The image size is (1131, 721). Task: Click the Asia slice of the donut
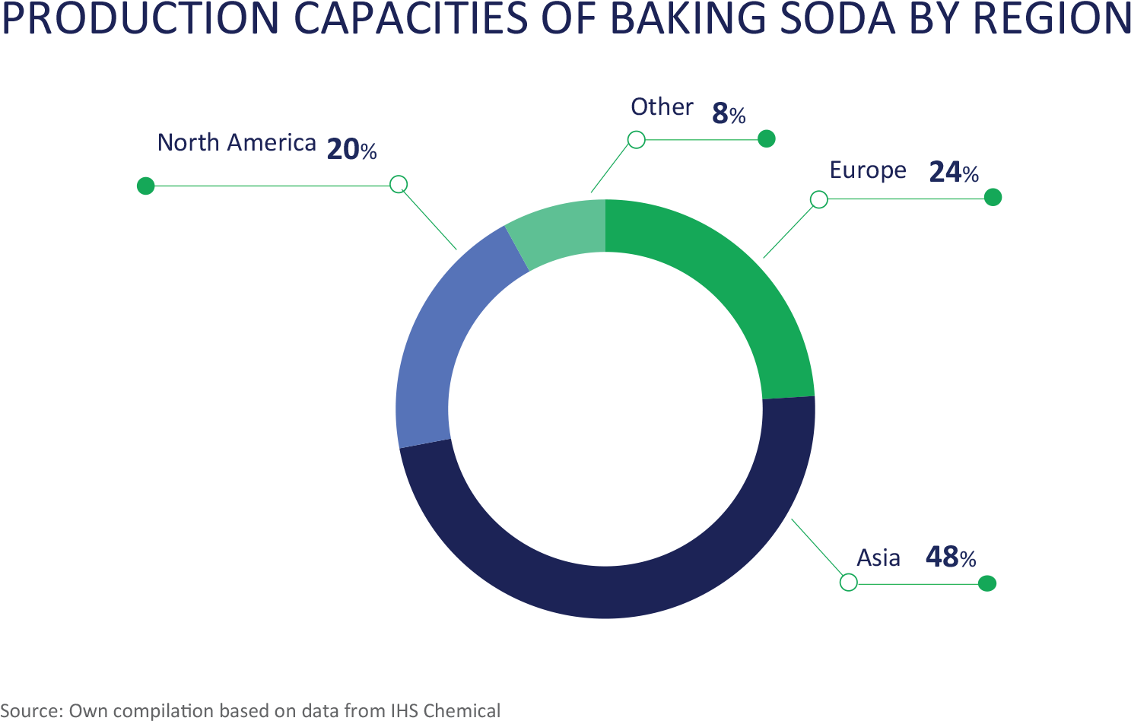[x=608, y=591]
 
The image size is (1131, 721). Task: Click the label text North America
[x=237, y=143]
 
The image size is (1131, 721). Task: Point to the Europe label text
[x=868, y=170]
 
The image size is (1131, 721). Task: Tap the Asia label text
[x=878, y=558]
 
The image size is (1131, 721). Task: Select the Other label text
[x=662, y=107]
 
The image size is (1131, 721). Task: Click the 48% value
[x=951, y=557]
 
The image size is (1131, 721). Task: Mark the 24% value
[x=954, y=172]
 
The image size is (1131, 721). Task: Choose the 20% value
[x=351, y=149]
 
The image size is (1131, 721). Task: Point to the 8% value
[x=728, y=114]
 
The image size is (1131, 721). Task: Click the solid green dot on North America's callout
[x=145, y=186]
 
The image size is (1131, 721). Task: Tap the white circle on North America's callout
[x=399, y=184]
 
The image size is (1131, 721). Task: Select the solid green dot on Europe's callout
[x=993, y=198]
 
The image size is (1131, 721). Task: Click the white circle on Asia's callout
[x=848, y=582]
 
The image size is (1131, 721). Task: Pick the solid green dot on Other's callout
[x=767, y=138]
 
